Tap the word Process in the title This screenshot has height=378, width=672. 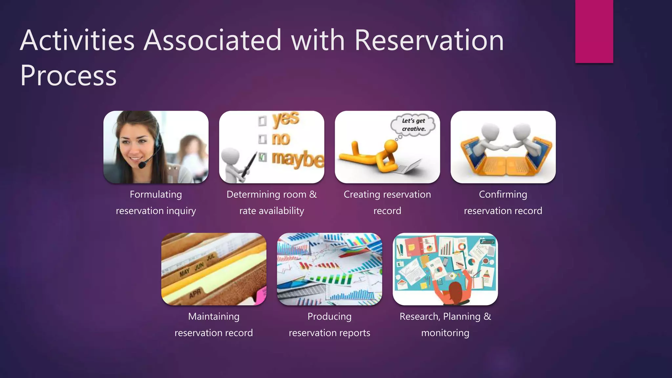tap(68, 75)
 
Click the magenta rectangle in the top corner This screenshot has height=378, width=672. tap(594, 31)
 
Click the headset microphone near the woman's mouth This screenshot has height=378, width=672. tap(142, 165)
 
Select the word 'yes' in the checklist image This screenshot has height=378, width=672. tap(285, 119)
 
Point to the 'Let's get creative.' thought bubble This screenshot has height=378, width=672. tap(413, 125)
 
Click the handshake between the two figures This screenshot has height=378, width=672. tap(503, 148)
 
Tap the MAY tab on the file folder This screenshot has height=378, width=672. tap(184, 272)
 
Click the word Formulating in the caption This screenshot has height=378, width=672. tap(156, 195)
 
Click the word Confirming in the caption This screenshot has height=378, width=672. tap(503, 195)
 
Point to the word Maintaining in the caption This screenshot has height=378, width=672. tap(214, 317)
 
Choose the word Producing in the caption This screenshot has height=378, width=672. tap(329, 317)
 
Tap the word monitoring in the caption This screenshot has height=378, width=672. tap(445, 333)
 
